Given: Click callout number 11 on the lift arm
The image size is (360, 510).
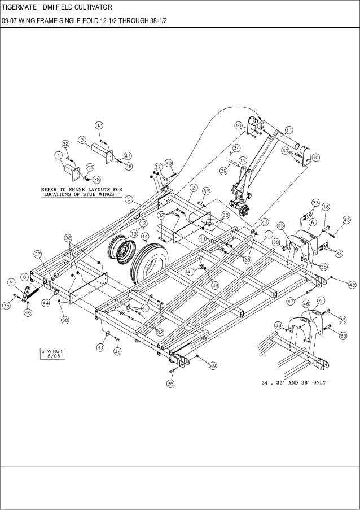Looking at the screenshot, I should tap(288, 129).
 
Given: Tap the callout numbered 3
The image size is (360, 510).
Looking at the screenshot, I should tap(82, 139).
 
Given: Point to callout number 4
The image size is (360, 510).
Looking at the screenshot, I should tap(59, 154).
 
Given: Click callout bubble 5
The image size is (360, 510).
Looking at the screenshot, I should tap(129, 199).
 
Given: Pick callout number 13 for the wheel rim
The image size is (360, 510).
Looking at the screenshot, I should tap(134, 233).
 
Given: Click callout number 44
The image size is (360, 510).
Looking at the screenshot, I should tap(45, 303).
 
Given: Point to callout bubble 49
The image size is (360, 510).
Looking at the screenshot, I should tap(213, 366).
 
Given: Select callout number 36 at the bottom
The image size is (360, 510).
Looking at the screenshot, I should tap(170, 383).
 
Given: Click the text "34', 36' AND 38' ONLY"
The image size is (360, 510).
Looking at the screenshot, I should tap(293, 382).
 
